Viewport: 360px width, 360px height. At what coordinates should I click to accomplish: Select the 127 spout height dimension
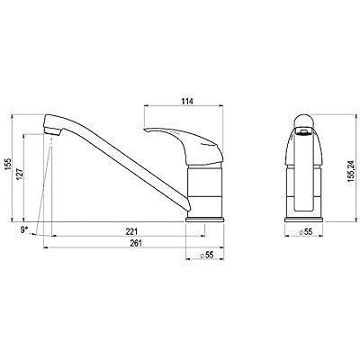20,174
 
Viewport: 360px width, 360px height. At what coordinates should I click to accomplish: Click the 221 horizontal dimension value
132,231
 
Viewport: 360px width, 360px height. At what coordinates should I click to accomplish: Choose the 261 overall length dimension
136,243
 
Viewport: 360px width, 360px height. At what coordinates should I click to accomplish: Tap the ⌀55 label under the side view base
206,255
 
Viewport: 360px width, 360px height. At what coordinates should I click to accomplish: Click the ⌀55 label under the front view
304,231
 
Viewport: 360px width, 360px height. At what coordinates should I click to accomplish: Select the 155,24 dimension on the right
352,174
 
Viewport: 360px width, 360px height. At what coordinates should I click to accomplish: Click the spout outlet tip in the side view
53,131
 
